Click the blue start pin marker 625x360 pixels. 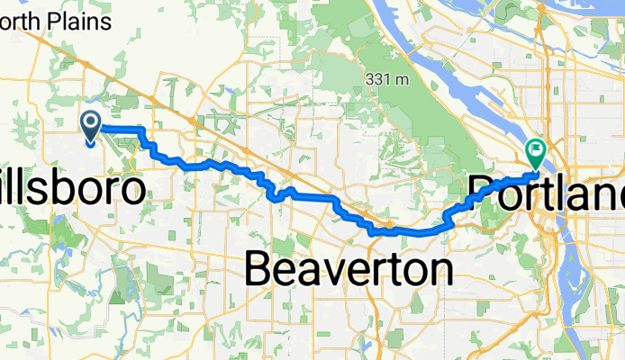point(91,127)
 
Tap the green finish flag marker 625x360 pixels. point(537,152)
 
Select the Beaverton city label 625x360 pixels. point(349,268)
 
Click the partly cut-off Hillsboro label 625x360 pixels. point(72,190)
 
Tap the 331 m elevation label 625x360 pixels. point(388,79)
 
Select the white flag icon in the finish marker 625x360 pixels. point(538,148)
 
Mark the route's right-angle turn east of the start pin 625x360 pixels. point(141,131)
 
